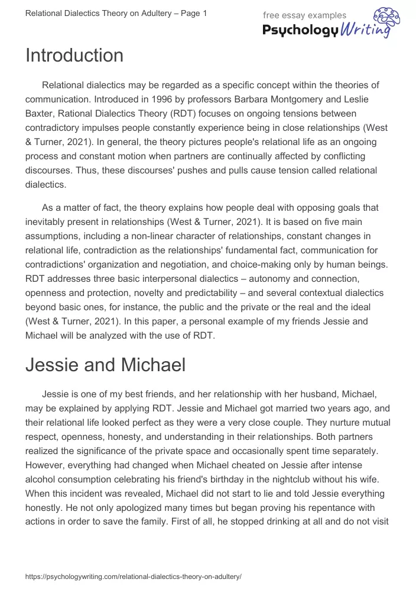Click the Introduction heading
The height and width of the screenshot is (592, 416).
pos(74,56)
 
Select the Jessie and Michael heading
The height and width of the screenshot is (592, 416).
pos(105,365)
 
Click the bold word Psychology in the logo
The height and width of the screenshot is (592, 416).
pos(300,31)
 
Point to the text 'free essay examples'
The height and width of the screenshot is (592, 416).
pos(305,15)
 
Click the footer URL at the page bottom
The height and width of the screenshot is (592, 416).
pos(134,576)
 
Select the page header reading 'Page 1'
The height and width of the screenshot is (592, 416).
pos(193,13)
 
